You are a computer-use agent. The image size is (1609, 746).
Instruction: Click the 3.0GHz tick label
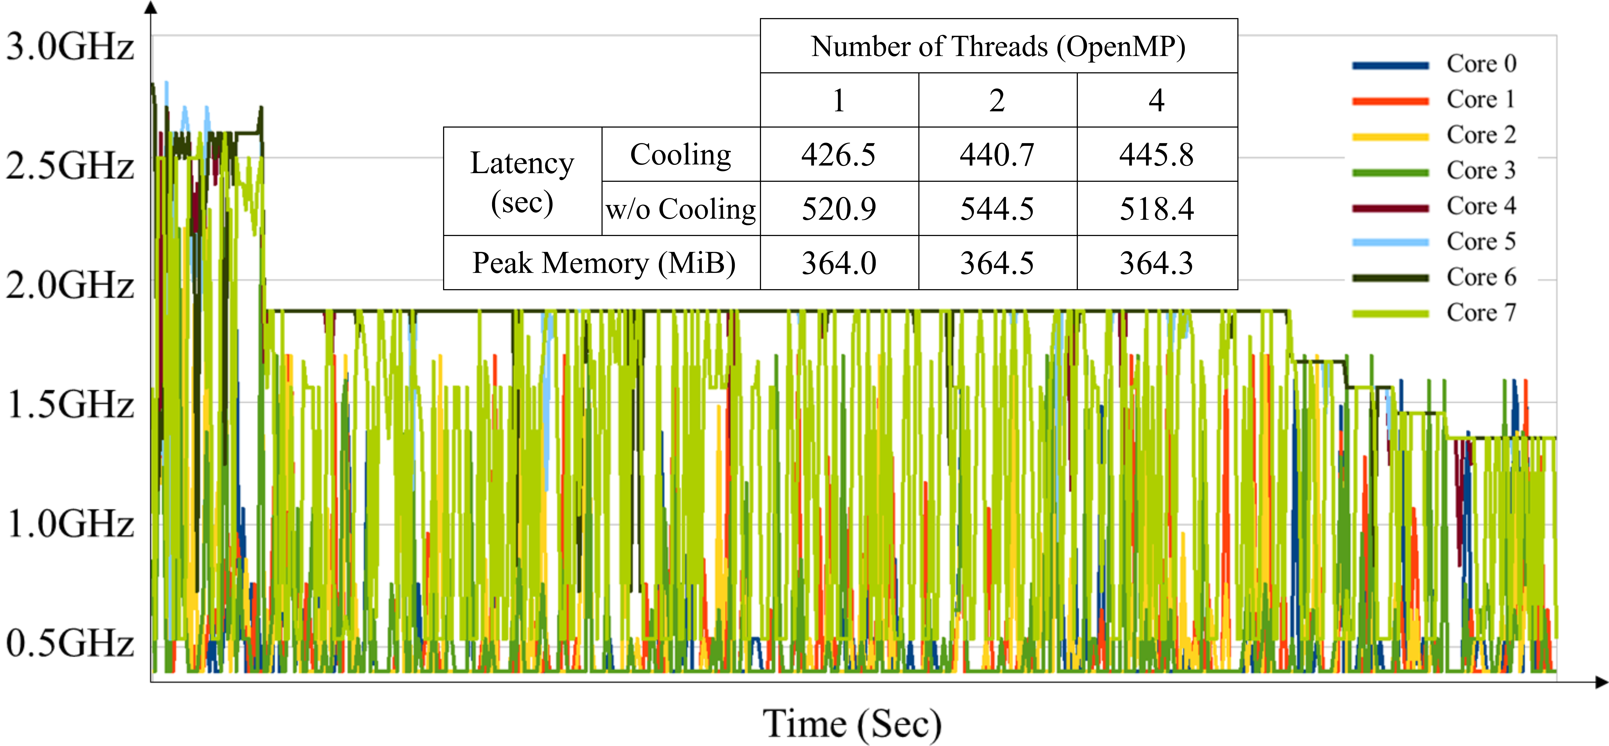[70, 47]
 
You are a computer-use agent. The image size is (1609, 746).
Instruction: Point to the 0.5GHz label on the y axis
[70, 643]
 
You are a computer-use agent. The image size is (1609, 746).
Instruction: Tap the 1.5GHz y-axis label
[70, 404]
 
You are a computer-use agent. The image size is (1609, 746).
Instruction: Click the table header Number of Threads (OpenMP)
[998, 47]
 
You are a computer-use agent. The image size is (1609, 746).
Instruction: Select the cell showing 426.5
[839, 155]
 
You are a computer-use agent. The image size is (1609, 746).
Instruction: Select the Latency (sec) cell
[522, 182]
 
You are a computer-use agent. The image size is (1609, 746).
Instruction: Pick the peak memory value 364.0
[839, 263]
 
